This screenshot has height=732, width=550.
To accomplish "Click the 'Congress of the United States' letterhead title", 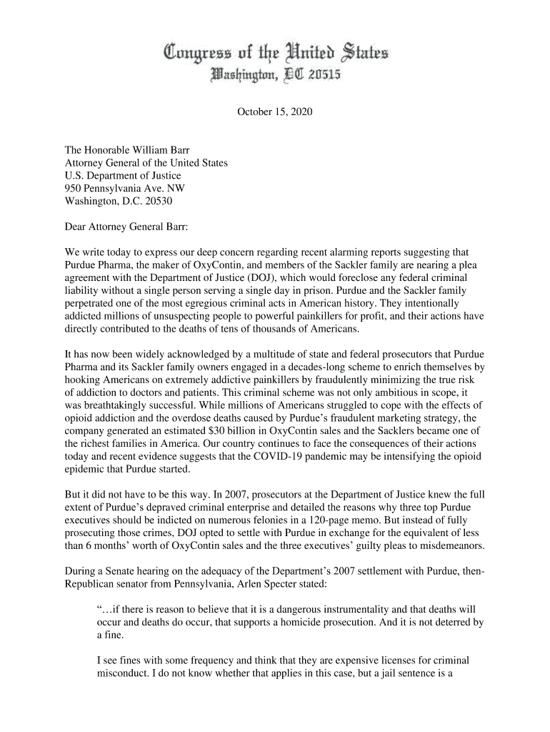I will [276, 53].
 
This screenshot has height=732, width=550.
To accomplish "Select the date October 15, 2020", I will [275, 113].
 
